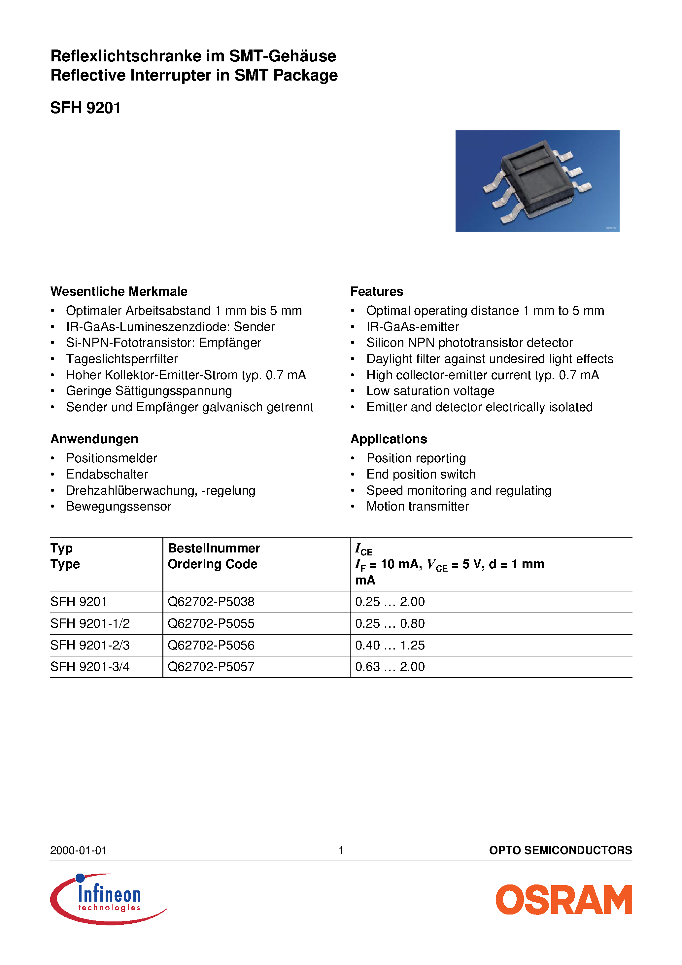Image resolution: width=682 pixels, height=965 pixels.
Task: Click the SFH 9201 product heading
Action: coord(85,108)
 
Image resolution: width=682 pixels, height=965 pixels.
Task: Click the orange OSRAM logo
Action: coord(563,900)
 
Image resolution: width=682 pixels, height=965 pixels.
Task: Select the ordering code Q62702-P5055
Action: coord(211,623)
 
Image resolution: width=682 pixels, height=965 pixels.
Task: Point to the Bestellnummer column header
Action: coord(214,548)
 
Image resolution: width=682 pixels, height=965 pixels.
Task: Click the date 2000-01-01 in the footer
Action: coord(78,850)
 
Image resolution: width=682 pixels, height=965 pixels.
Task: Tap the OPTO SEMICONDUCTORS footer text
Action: coord(560,850)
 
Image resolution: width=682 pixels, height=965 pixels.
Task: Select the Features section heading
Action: coord(376,291)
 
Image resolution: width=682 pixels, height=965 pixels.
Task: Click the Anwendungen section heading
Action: coord(94,439)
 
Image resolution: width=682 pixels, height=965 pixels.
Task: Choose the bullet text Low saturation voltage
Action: coord(430,391)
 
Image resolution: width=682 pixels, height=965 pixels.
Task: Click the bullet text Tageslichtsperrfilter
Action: coord(121,359)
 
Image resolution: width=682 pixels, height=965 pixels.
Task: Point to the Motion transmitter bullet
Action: coord(417,507)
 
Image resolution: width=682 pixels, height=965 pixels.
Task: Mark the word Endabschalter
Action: coord(107,475)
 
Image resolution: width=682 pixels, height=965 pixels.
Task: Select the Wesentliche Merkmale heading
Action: coord(119,291)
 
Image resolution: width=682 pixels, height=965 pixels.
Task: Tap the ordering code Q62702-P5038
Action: coord(211,602)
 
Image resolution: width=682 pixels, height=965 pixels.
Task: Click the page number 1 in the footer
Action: coord(341,850)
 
